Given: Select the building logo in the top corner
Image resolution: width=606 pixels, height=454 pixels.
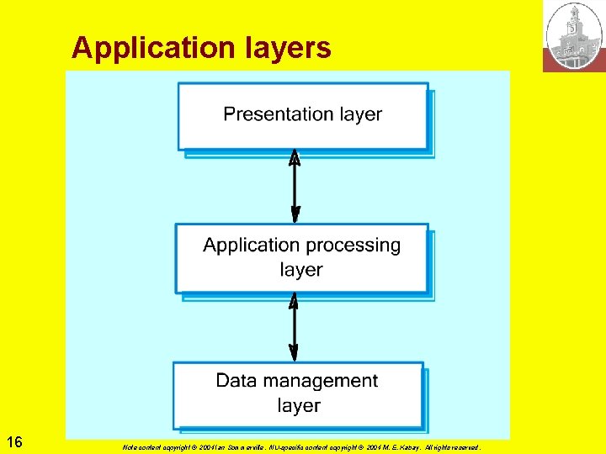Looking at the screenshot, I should tap(574, 36).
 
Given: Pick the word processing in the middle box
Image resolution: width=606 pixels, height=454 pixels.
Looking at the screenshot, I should tap(348, 245).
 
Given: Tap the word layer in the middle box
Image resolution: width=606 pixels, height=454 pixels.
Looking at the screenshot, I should tap(301, 270).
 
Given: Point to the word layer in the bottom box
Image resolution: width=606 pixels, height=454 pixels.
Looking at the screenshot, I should tap(299, 405).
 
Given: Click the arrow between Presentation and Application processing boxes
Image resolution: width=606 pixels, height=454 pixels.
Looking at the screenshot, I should tap(295, 187).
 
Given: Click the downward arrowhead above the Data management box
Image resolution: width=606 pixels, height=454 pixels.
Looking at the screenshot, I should tap(294, 354).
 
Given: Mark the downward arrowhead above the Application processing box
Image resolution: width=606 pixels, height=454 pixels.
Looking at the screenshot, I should tap(295, 214).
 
